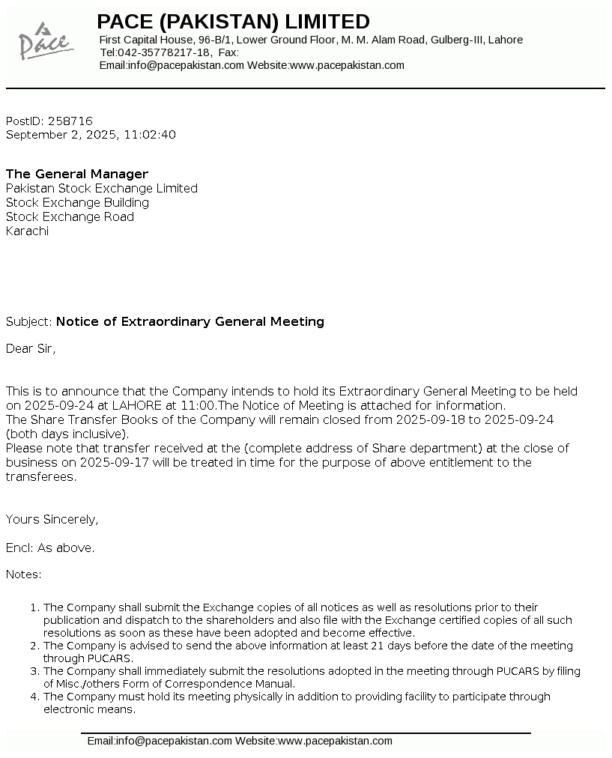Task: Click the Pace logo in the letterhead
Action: tap(44, 42)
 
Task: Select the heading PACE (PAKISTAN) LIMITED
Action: tap(233, 21)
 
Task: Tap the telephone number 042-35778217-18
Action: tap(165, 52)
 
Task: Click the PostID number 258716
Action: tap(70, 121)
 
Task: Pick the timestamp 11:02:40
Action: tap(151, 135)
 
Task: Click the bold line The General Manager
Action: tap(77, 174)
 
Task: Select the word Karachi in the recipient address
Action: tap(27, 231)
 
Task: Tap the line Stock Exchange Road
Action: tap(70, 216)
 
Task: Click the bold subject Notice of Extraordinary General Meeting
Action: tap(190, 321)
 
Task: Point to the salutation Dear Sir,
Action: tap(31, 348)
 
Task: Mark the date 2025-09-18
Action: tap(430, 419)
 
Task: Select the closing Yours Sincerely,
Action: tap(52, 519)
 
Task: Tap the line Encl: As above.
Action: tap(50, 548)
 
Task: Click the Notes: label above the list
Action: tap(24, 574)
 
